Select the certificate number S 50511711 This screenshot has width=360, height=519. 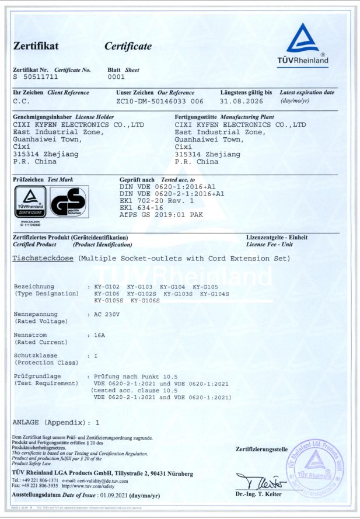tap(36, 77)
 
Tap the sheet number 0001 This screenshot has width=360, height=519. tap(117, 77)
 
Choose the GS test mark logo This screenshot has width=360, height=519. tap(69, 202)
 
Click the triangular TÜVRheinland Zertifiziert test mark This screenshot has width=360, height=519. tap(30, 202)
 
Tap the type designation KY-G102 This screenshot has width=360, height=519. tap(106, 287)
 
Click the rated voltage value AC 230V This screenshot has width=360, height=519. tap(106, 315)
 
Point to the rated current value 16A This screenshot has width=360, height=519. tap(100, 335)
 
